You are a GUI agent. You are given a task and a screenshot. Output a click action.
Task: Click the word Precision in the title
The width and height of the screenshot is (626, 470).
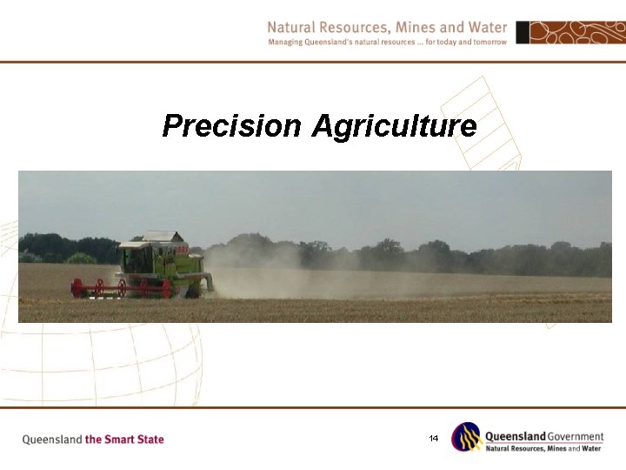(x=231, y=127)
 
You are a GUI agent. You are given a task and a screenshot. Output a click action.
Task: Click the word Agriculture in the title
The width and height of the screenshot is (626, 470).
(x=394, y=127)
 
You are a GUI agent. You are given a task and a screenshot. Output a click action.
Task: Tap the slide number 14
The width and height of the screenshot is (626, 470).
(x=433, y=438)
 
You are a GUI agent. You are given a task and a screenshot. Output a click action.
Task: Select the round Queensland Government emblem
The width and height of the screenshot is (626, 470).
(x=467, y=437)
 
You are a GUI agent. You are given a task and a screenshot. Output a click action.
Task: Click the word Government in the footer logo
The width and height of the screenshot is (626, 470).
(x=575, y=436)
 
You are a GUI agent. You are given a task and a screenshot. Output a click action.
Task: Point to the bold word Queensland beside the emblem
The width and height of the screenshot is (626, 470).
(x=515, y=436)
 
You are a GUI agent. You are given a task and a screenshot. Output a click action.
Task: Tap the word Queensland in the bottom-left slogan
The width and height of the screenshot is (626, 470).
(x=51, y=440)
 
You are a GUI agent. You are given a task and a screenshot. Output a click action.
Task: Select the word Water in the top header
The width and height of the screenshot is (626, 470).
(x=487, y=28)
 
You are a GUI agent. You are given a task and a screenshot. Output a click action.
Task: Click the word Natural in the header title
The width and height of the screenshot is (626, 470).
(x=292, y=28)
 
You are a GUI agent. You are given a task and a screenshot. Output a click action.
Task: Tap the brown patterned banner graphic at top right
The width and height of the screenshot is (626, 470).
(x=578, y=33)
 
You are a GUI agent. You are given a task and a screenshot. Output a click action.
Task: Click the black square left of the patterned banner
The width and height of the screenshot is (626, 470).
(x=523, y=33)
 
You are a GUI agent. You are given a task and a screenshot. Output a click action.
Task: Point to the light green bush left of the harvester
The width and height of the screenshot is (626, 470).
(x=80, y=258)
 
